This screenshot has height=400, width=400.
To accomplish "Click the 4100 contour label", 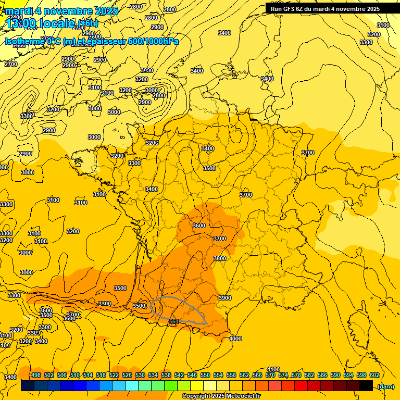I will click(273, 369).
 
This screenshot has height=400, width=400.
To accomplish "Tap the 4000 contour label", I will click(235, 339).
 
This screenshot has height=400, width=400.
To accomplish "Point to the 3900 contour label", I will click(225, 298).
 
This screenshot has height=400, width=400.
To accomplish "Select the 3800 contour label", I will click(220, 258).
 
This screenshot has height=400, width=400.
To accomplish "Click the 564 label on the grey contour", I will click(174, 321).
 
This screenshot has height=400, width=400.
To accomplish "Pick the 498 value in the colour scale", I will click(36, 375).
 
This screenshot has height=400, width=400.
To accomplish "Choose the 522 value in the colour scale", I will click(114, 375).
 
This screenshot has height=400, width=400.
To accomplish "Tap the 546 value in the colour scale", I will click(192, 375).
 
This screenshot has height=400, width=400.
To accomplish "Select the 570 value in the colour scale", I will click(270, 375).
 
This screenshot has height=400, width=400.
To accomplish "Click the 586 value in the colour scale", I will click(322, 375).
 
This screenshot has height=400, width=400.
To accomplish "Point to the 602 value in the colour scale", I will click(374, 375).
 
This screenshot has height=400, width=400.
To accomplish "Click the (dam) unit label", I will click(385, 386).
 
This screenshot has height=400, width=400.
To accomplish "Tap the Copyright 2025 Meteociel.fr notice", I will click(221, 396).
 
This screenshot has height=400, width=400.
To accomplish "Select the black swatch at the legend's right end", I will click(366, 385).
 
